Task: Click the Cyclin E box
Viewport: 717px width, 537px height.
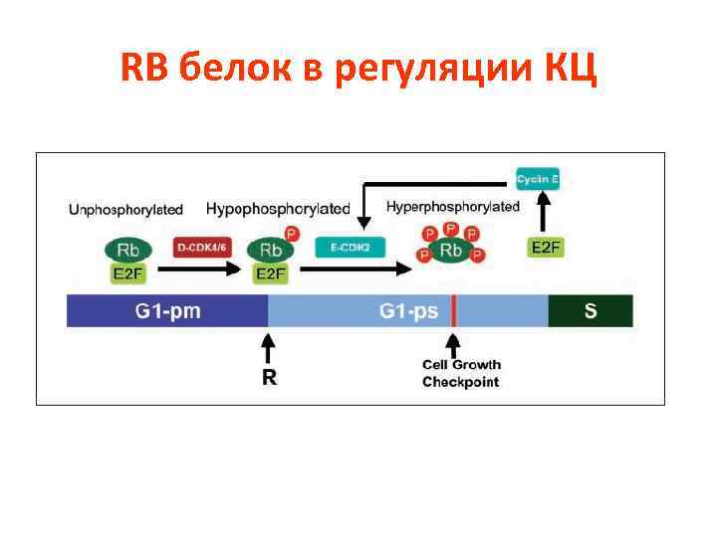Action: coord(538,180)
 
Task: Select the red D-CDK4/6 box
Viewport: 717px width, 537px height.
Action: coord(201,247)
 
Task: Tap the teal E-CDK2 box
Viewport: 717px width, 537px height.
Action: coord(350,247)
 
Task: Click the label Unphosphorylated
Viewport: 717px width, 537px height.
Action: coord(125,210)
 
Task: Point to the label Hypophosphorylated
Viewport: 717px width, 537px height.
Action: coord(278,209)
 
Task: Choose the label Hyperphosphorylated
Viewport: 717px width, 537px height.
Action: coord(453,207)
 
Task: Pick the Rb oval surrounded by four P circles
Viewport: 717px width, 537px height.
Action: coord(451,251)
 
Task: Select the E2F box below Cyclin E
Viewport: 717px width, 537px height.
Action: coord(545,248)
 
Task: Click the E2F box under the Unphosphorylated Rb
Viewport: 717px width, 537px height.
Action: coord(124,273)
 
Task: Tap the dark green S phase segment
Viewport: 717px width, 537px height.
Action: coord(591,311)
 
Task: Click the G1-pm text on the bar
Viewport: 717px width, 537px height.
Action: coord(167,311)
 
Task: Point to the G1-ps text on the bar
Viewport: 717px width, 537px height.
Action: coord(408,311)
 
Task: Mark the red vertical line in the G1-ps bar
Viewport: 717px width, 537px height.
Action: coord(454,311)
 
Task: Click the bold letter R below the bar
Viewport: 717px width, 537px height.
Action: coord(269,377)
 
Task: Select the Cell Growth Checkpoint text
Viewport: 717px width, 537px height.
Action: coord(461,374)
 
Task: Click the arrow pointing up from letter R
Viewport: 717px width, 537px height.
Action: coord(268,347)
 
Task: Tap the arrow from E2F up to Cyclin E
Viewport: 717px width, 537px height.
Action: coord(544,214)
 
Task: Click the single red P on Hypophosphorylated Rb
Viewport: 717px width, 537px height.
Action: coord(292,234)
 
